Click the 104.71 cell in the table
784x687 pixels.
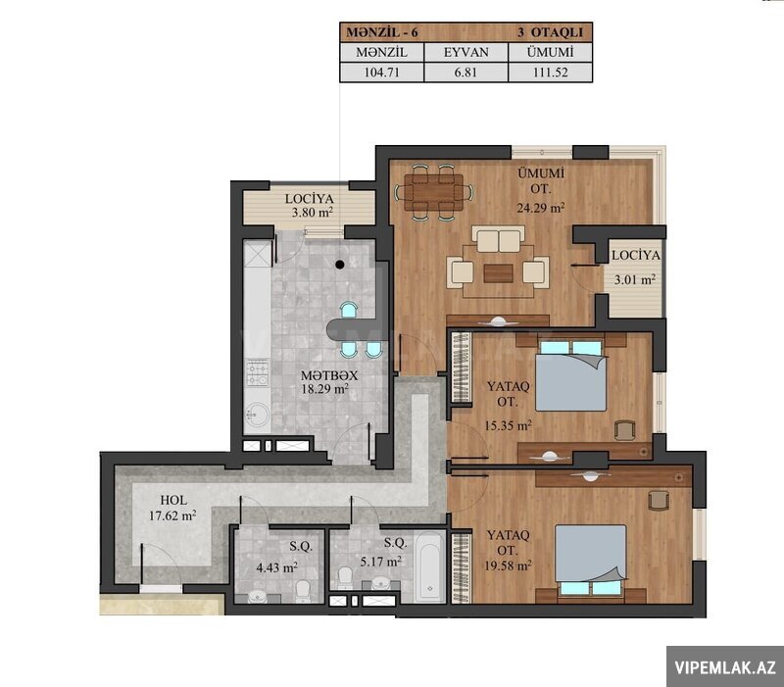[381, 73]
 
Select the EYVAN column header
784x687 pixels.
[466, 52]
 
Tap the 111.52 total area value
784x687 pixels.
[550, 73]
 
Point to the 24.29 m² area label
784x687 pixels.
[541, 208]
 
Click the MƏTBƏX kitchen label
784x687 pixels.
[329, 375]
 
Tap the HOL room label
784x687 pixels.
[173, 500]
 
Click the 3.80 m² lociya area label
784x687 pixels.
[312, 213]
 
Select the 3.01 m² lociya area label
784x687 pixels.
[634, 279]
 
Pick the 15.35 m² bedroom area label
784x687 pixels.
[508, 426]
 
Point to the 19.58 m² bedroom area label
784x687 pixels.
[508, 566]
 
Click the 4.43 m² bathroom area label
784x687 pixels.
[277, 567]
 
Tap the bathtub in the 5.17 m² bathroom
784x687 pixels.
[429, 567]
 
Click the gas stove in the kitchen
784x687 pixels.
[257, 373]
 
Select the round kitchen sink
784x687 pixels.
[257, 415]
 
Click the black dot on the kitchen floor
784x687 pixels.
[340, 265]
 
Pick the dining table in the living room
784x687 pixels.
[434, 192]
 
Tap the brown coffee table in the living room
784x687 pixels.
[498, 273]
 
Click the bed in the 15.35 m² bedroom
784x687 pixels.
[571, 376]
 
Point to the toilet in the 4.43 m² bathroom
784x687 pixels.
[303, 591]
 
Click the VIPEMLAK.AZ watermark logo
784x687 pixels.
[725, 667]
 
